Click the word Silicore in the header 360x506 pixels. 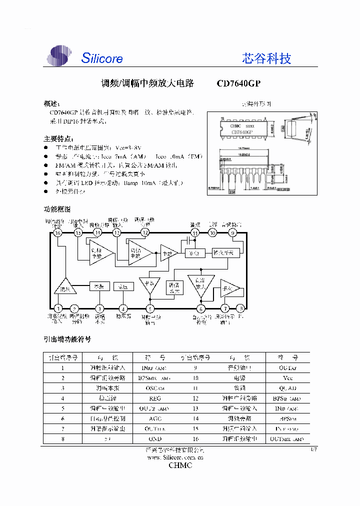[x=102, y=58]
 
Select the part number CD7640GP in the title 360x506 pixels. [x=238, y=83]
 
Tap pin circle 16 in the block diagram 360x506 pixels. [x=58, y=232]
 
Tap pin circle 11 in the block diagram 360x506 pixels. [x=195, y=232]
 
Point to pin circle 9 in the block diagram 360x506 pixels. [x=232, y=232]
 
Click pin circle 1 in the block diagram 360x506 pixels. [x=58, y=308]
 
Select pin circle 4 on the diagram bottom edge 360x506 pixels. [x=123, y=308]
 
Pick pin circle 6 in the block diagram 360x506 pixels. [x=200, y=308]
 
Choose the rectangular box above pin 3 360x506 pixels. [x=99, y=286]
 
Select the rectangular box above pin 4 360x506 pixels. [x=123, y=286]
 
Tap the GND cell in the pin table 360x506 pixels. [x=155, y=438]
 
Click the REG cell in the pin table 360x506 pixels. [x=155, y=398]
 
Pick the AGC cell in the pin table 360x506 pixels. [x=155, y=418]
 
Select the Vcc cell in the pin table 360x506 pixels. [x=287, y=378]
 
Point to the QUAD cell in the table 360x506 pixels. [x=287, y=388]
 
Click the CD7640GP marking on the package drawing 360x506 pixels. [x=242, y=132]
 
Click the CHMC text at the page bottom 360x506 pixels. [x=179, y=465]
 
